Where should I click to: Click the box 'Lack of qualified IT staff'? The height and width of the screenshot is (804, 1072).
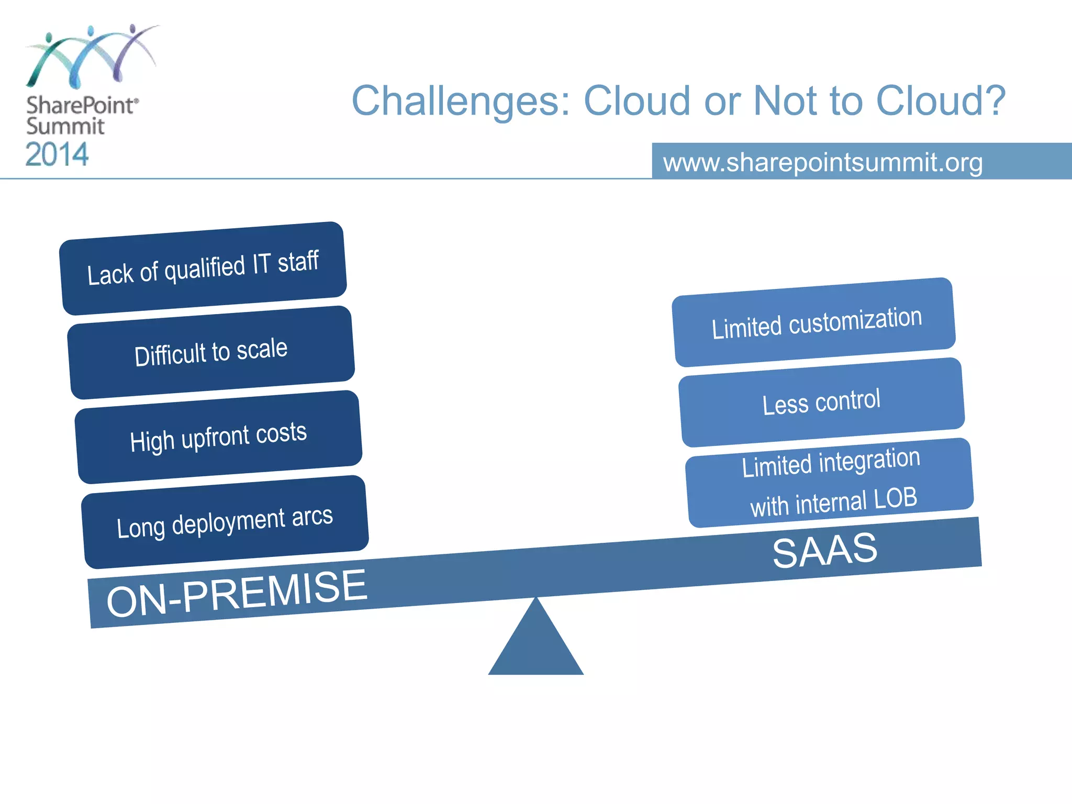point(203,268)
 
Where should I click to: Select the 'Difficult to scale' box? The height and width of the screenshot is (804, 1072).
point(211,352)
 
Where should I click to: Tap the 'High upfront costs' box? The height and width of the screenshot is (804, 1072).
point(218,437)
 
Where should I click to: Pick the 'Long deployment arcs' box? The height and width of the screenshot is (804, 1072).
point(225,522)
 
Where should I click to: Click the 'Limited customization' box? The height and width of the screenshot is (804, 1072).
point(814,322)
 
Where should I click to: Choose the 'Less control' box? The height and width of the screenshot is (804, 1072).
point(822,402)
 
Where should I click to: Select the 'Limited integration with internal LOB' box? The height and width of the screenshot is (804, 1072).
point(830,483)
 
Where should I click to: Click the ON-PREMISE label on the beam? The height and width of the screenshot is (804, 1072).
point(237,593)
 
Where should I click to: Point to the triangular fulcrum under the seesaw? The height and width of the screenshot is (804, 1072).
point(535,646)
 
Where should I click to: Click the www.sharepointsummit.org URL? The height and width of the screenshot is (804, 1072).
point(823,162)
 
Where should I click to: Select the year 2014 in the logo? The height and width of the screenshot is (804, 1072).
point(57,154)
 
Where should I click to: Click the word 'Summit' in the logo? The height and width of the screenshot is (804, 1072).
point(65,127)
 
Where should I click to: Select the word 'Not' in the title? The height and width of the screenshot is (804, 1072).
point(784,100)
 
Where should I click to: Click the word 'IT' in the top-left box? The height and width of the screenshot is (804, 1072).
point(261,264)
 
